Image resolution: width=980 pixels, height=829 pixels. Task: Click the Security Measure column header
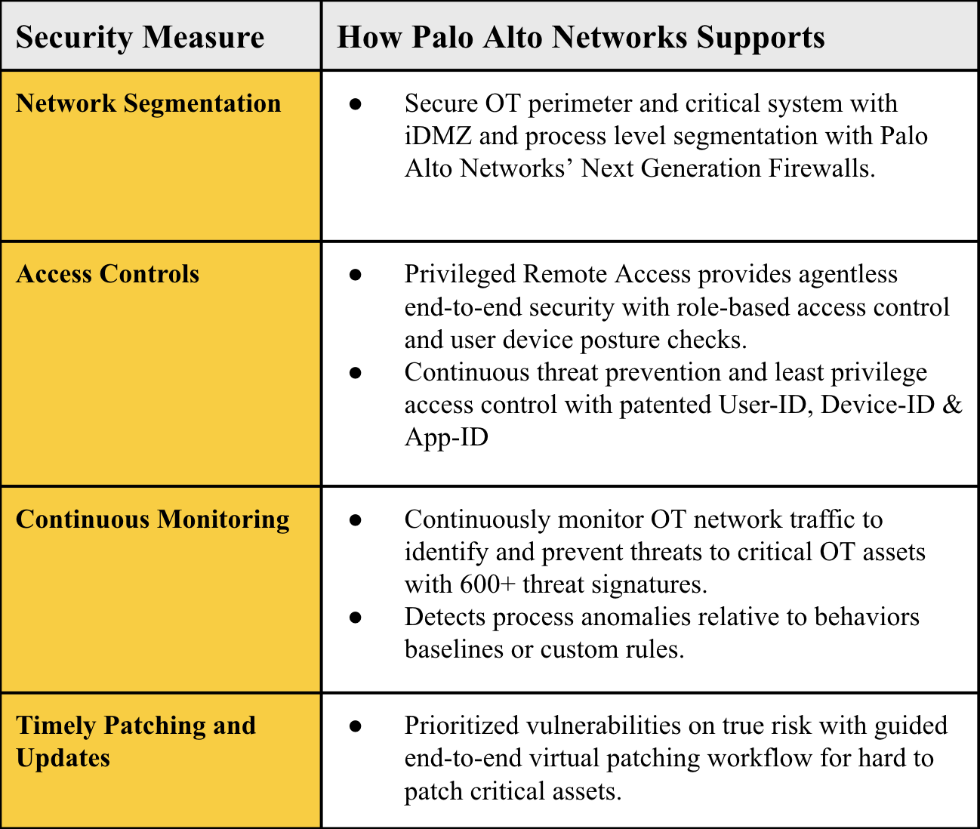[140, 38]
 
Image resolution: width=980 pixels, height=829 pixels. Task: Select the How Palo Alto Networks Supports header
[581, 38]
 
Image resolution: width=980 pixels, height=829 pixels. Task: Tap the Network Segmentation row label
[149, 104]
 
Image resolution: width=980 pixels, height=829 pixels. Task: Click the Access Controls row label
[108, 274]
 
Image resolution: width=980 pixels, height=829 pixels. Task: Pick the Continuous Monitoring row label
[153, 519]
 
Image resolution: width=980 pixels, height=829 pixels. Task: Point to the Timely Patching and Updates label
[136, 741]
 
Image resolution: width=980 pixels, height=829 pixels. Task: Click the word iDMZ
[438, 136]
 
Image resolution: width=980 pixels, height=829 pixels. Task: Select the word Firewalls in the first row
[821, 168]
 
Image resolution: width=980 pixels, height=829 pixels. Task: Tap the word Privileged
[459, 275]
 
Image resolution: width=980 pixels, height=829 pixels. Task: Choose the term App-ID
[446, 437]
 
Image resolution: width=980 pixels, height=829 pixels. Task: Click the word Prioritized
[461, 725]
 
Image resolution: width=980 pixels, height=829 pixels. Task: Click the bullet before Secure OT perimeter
[355, 104]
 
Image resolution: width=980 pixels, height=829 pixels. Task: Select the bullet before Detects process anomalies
[355, 617]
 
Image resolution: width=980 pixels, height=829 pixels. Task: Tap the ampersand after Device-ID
[951, 405]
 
